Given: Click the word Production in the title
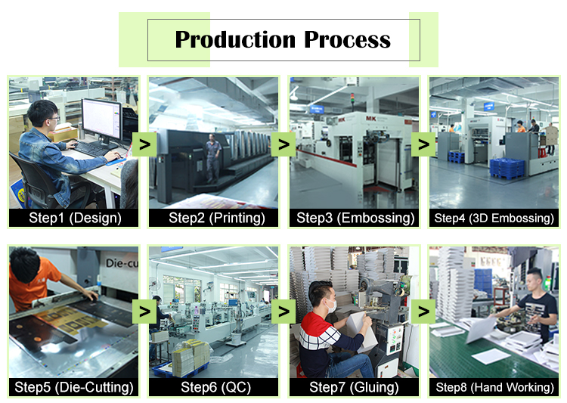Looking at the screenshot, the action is [x=235, y=39].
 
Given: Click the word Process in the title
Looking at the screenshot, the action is [x=347, y=39].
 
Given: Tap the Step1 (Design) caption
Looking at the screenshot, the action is [x=75, y=218].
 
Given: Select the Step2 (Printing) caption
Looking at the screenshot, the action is [x=217, y=218].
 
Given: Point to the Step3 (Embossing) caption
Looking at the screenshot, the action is [x=355, y=218].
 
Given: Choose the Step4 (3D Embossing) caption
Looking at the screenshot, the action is [x=494, y=218].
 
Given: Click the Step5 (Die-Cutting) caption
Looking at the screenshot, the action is [x=74, y=387].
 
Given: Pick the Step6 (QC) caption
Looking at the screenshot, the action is [x=216, y=387].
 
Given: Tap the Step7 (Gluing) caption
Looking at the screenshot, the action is [x=354, y=387].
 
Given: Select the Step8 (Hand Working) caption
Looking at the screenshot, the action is [x=494, y=387].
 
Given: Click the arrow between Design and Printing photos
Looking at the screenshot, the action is [x=144, y=144].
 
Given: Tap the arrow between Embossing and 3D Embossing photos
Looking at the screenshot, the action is [x=423, y=144].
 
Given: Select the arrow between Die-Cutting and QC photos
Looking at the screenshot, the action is [x=144, y=312].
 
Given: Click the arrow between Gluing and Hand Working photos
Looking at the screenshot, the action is [x=423, y=312].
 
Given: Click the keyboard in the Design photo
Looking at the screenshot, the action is [x=91, y=148].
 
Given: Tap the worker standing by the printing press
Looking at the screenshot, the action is [x=213, y=158].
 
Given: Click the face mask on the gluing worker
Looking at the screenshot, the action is [x=331, y=306].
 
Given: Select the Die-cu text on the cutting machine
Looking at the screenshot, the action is [x=122, y=262].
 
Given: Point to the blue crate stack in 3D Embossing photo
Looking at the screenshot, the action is [x=507, y=168].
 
